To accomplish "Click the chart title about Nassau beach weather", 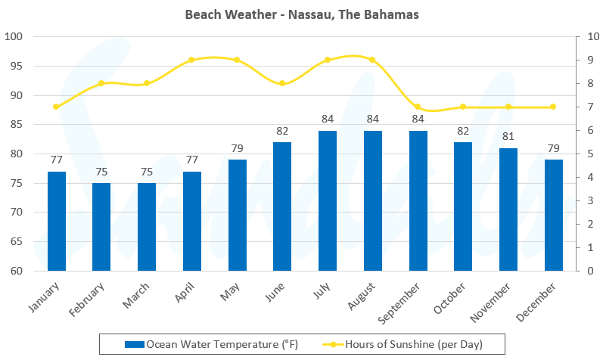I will (x=302, y=14).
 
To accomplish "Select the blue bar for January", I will (x=56, y=221).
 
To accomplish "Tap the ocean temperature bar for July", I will (x=328, y=200).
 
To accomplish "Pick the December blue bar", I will (x=554, y=215).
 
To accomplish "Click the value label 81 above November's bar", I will (x=508, y=137).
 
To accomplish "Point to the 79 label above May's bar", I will (x=238, y=148).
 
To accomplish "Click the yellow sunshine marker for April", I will (x=191, y=60).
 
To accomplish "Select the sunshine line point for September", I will (x=418, y=107).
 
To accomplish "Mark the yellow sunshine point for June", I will (x=282, y=83).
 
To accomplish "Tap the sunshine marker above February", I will (x=101, y=83).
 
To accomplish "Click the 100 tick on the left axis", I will (x=15, y=36).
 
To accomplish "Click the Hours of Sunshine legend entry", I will (x=415, y=345).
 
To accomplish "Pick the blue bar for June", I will (x=282, y=206).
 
